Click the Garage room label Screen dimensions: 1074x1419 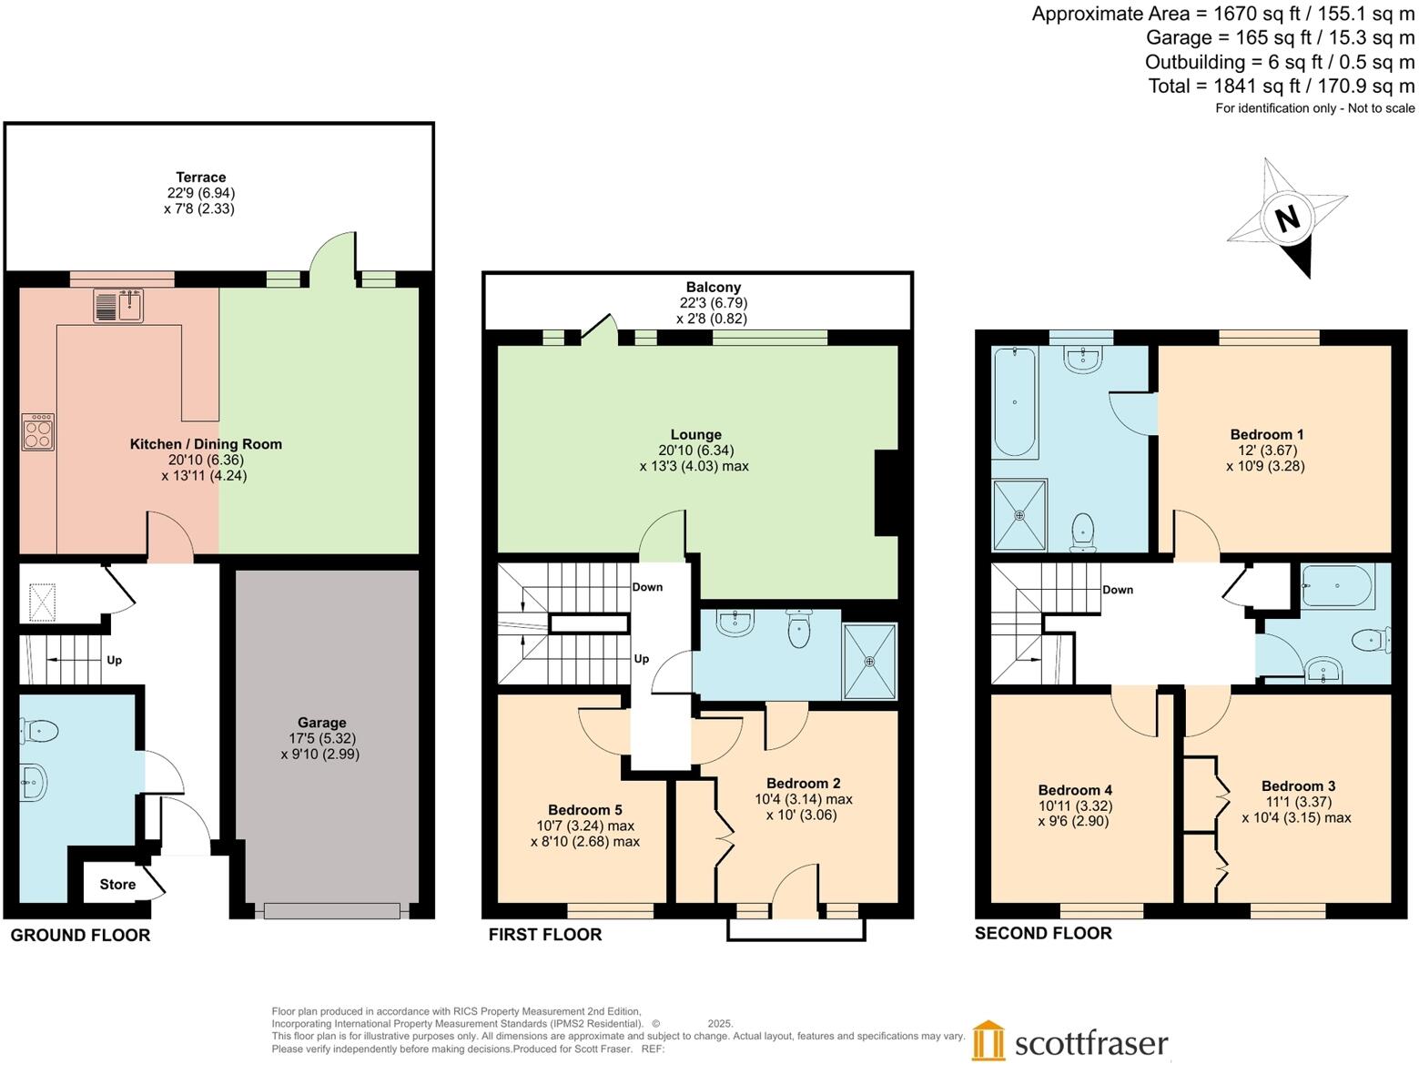tap(321, 723)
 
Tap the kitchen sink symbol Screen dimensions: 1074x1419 tap(118, 305)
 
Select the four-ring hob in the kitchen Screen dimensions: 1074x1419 tap(38, 431)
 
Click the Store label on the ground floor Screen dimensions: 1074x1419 tap(117, 884)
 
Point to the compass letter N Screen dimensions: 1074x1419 tap(1286, 218)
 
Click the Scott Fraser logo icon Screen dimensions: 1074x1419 tap(988, 1040)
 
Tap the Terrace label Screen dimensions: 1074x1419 tap(201, 177)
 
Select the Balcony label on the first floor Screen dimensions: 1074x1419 tap(713, 287)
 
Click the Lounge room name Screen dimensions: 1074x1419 tap(695, 435)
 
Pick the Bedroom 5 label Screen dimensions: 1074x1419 tap(584, 810)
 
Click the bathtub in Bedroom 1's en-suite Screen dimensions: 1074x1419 tap(1014, 401)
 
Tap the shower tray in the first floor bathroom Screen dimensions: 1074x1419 tap(869, 661)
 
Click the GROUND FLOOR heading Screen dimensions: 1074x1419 tap(80, 935)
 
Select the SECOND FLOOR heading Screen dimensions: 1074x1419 tap(1043, 933)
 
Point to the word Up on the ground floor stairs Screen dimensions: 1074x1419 tap(114, 660)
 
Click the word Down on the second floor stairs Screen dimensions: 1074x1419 tap(1117, 590)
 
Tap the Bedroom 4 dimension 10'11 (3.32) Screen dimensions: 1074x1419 tap(1075, 805)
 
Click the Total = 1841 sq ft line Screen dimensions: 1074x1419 tap(1281, 86)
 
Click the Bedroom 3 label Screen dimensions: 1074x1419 tap(1298, 786)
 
